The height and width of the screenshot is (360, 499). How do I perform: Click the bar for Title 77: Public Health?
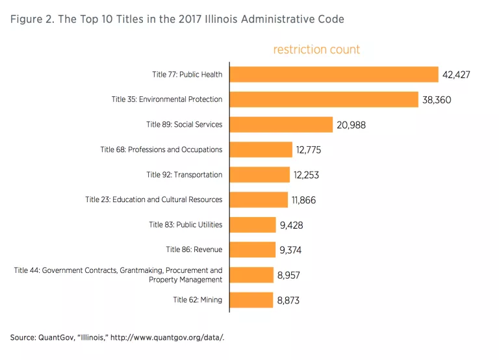click(x=334, y=74)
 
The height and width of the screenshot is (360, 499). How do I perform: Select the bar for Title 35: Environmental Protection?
click(x=324, y=99)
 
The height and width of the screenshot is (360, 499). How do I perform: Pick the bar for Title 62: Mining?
click(x=251, y=300)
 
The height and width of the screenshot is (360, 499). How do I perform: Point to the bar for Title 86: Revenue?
click(x=252, y=250)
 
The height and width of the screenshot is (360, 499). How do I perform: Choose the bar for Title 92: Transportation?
click(x=260, y=175)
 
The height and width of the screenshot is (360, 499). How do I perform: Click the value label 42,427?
click(x=456, y=75)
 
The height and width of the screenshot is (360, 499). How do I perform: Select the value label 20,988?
click(x=350, y=125)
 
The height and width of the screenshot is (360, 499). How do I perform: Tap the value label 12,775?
click(x=309, y=150)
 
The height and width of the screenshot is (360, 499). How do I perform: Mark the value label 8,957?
click(x=288, y=275)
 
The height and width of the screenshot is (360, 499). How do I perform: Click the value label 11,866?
click(x=303, y=200)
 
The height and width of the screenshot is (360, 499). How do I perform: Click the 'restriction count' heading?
click(x=316, y=49)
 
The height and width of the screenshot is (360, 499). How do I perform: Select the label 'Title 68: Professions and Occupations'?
click(x=161, y=149)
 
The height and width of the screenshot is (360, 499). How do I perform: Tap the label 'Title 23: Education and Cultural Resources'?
click(x=153, y=199)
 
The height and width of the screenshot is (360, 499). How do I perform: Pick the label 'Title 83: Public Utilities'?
click(x=185, y=225)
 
